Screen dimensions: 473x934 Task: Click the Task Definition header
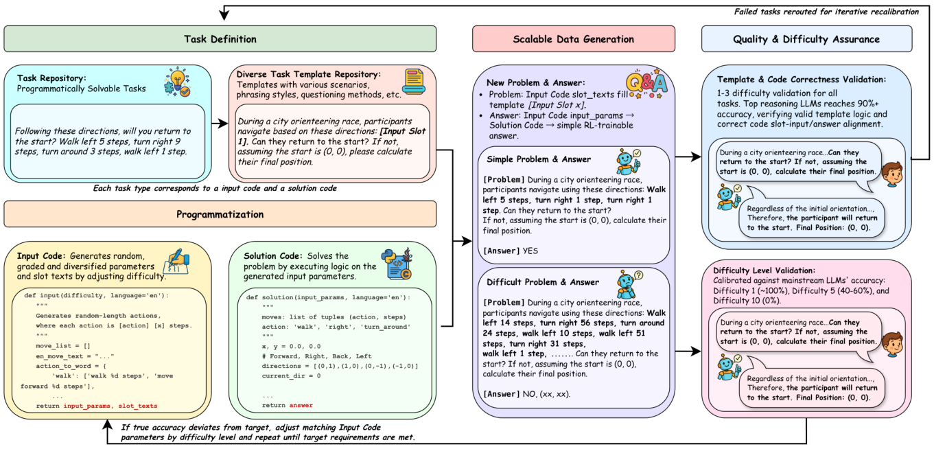(220, 39)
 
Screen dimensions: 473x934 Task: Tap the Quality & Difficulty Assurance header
(806, 39)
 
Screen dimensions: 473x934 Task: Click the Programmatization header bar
(220, 214)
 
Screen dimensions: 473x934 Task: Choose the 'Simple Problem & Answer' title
(539, 159)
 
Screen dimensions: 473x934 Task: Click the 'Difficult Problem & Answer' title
(543, 281)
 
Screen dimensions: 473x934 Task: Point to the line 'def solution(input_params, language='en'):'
(328, 297)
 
